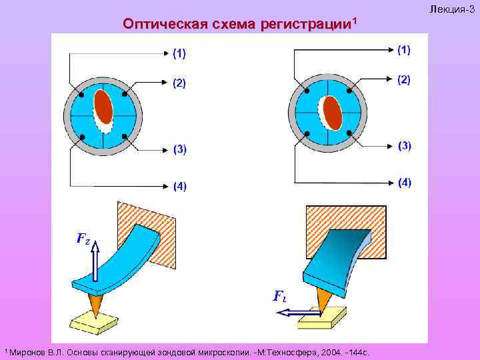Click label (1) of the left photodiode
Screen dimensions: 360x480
coord(180,53)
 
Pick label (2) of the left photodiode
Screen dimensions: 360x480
coord(180,83)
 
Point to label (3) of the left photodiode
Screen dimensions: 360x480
coord(180,149)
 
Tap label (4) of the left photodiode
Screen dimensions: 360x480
coord(180,186)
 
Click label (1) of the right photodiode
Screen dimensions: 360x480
coord(404,49)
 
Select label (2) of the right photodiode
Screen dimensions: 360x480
coord(404,80)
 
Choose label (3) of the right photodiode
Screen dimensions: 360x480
coord(405,145)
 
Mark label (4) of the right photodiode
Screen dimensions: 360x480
coord(405,182)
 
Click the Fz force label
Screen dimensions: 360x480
coord(83,238)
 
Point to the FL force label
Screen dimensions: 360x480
coord(281,297)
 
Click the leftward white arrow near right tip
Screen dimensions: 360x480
coord(293,311)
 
